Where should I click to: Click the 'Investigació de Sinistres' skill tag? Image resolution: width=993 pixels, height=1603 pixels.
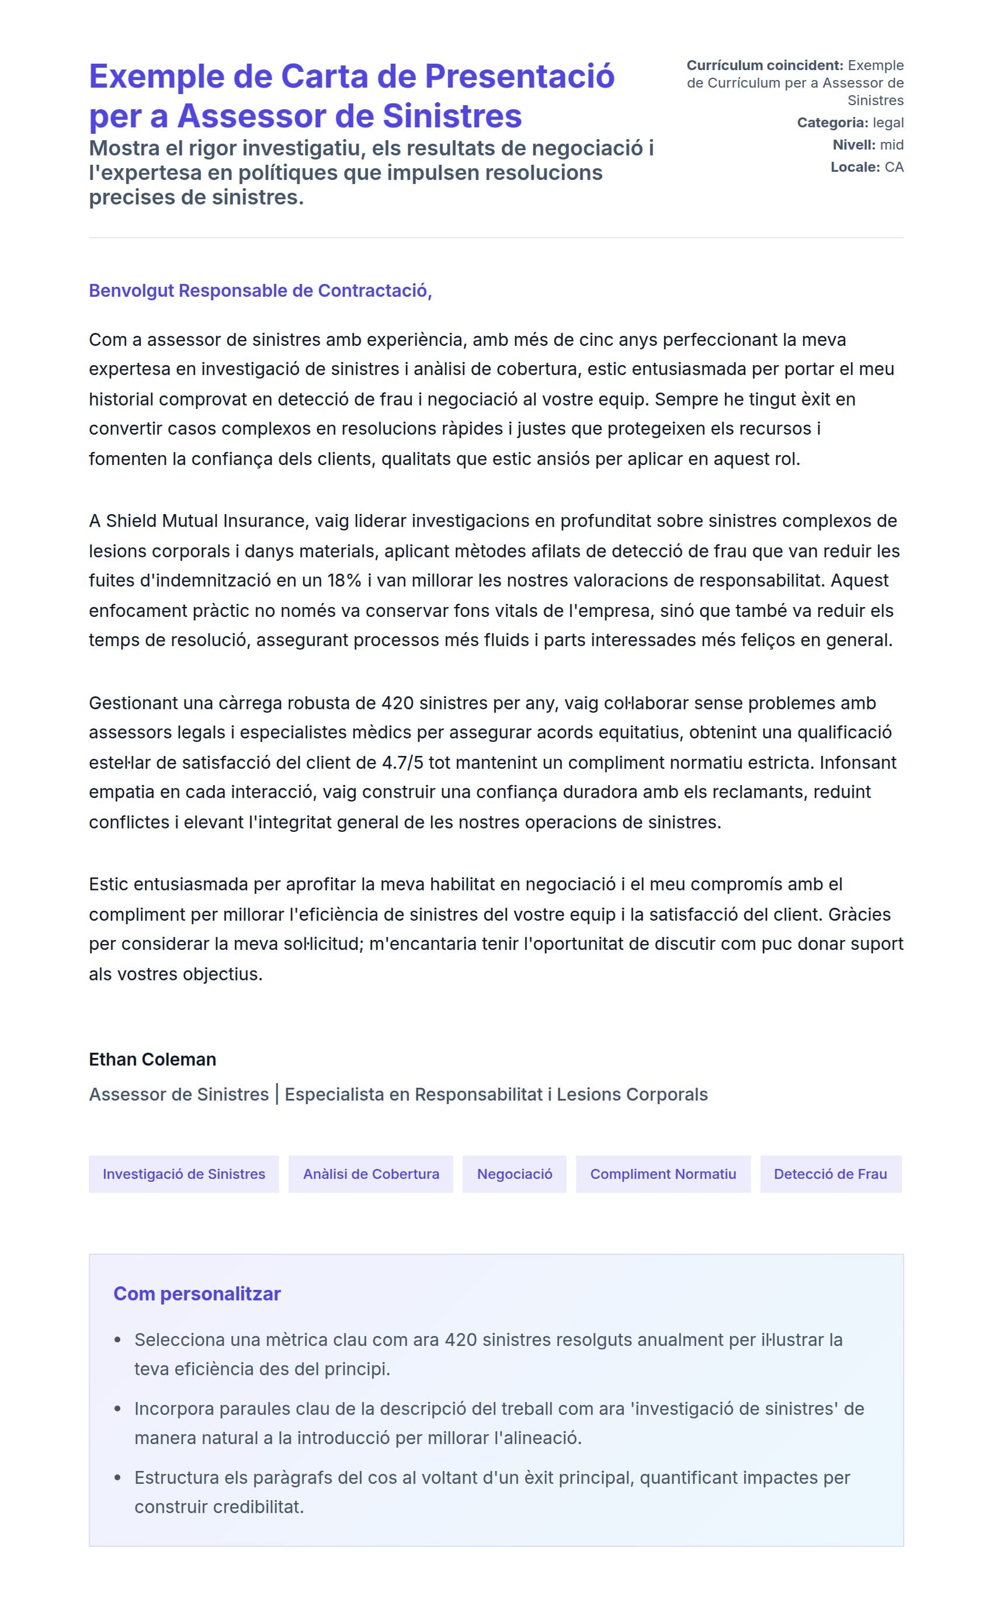[x=184, y=1174]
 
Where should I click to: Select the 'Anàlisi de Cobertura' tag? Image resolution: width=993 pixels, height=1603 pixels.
[x=371, y=1174]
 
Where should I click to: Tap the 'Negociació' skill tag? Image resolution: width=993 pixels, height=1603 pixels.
[x=514, y=1174]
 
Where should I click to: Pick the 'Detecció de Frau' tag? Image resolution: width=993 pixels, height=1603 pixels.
[x=830, y=1174]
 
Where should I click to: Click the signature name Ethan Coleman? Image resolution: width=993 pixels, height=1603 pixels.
[x=152, y=1059]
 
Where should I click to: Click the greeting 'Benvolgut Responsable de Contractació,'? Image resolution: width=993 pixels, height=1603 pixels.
[x=260, y=290]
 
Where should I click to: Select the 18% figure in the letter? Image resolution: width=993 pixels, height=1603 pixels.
[x=344, y=581]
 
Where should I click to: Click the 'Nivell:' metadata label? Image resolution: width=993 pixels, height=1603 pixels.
[x=854, y=144]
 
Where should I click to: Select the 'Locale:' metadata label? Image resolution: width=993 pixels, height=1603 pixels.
[x=855, y=167]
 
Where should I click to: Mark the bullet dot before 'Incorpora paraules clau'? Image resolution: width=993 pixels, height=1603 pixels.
[x=118, y=1408]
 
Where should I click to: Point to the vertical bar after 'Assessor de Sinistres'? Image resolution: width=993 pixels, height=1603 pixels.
[x=277, y=1094]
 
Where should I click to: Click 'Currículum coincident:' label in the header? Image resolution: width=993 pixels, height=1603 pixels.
[x=765, y=65]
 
